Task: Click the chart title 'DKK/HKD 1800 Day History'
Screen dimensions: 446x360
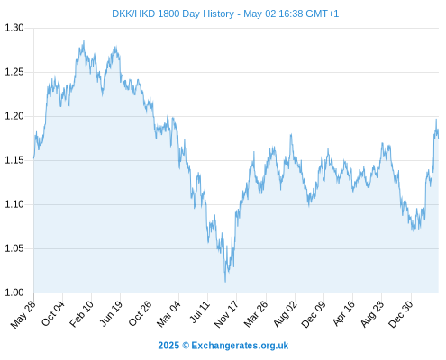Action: pyautogui.click(x=173, y=13)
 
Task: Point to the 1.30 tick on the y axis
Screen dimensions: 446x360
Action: pyautogui.click(x=14, y=28)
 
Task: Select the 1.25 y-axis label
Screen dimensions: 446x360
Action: pyautogui.click(x=14, y=72)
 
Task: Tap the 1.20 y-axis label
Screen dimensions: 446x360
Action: pyautogui.click(x=14, y=116)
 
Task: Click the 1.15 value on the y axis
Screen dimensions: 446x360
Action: pyautogui.click(x=14, y=160)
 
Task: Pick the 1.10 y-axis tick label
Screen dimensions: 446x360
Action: pyautogui.click(x=14, y=204)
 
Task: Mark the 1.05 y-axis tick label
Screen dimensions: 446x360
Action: pyautogui.click(x=14, y=248)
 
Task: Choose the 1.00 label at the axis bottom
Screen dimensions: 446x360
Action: pyautogui.click(x=14, y=292)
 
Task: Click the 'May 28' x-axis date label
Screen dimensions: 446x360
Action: pyautogui.click(x=23, y=314)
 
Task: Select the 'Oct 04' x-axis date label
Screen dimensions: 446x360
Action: pyautogui.click(x=53, y=313)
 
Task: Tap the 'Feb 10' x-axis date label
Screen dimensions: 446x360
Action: pyautogui.click(x=81, y=314)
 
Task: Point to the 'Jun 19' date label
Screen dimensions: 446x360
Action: pyautogui.click(x=111, y=313)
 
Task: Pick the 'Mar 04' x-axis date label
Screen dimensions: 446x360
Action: pyautogui.click(x=168, y=314)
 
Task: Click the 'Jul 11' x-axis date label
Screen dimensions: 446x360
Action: pyautogui.click(x=200, y=312)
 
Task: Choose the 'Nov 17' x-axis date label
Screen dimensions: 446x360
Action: pyautogui.click(x=226, y=314)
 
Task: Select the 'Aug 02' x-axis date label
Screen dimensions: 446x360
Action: pyautogui.click(x=286, y=314)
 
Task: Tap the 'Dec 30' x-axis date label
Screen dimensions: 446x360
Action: pyautogui.click(x=401, y=314)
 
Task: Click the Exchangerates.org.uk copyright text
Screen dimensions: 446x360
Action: pyautogui.click(x=223, y=346)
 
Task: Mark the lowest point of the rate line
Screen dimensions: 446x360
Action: pyautogui.click(x=225, y=282)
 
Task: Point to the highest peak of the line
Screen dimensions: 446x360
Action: pyautogui.click(x=84, y=41)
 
